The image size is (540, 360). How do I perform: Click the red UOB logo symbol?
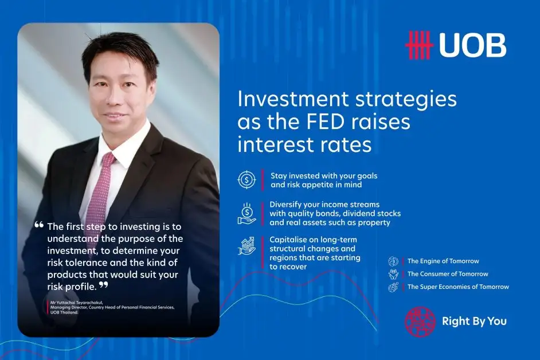coord(419,45)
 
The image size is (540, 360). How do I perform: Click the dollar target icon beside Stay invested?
coord(246,179)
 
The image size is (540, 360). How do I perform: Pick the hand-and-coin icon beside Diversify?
coord(246,214)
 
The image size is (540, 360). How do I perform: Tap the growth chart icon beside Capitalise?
coord(246,245)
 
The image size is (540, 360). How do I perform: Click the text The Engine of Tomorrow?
coord(443,261)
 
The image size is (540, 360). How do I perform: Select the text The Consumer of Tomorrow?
coord(448,274)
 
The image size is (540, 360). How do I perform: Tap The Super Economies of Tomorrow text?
coord(458,287)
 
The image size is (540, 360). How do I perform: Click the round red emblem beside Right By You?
coord(420,322)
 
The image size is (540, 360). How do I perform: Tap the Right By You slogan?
coord(474,322)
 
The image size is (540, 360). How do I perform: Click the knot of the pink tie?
coord(108,158)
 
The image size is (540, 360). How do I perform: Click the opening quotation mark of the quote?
coord(39,225)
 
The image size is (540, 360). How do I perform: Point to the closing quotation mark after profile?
coord(104,284)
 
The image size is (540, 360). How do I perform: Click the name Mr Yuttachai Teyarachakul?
coord(76,303)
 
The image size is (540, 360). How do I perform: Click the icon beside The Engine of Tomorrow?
coord(393,261)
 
